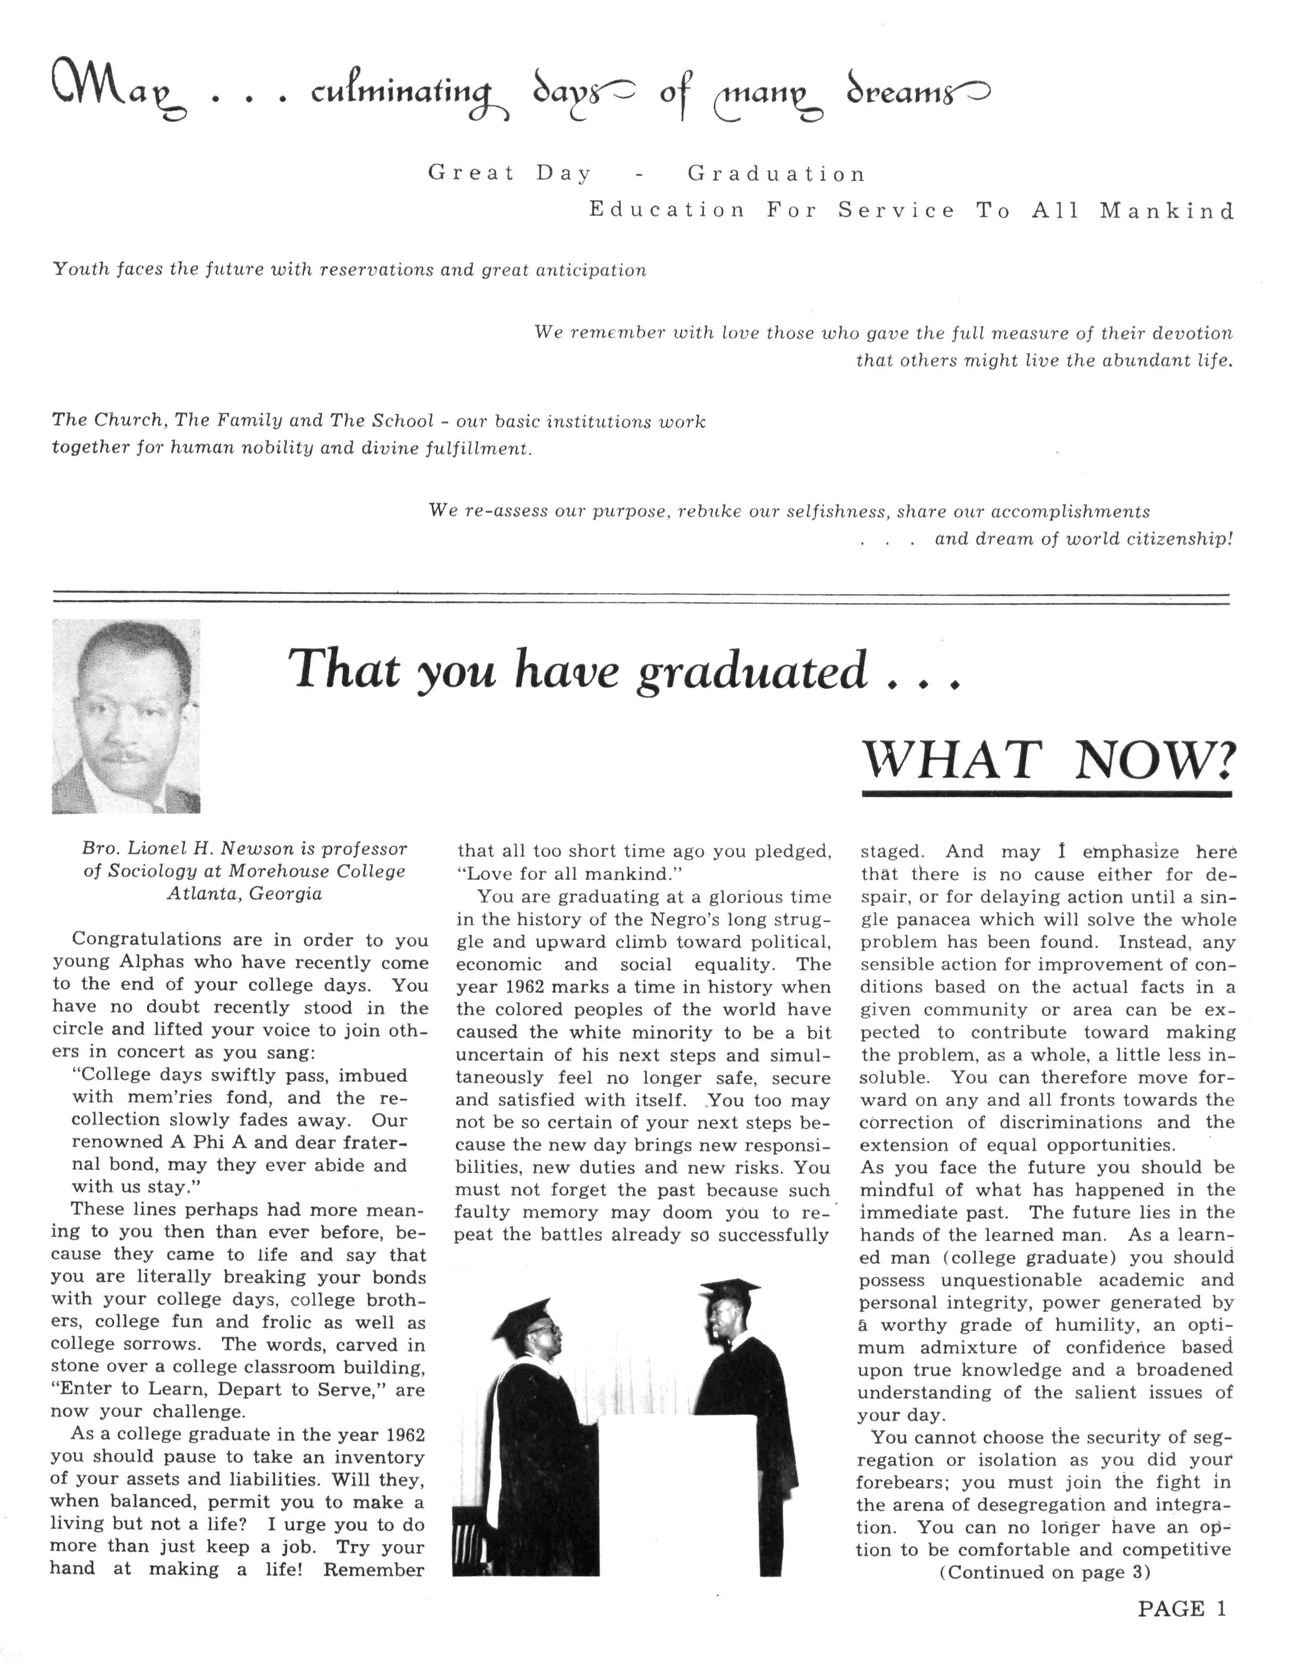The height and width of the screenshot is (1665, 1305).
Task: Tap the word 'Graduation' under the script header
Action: [776, 174]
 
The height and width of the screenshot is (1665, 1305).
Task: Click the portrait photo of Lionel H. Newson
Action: [126, 716]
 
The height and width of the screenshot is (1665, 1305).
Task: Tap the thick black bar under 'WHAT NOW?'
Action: [1046, 794]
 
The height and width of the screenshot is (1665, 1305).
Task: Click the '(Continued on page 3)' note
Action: [1044, 1572]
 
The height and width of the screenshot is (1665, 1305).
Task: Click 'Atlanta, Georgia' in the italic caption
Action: [245, 894]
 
